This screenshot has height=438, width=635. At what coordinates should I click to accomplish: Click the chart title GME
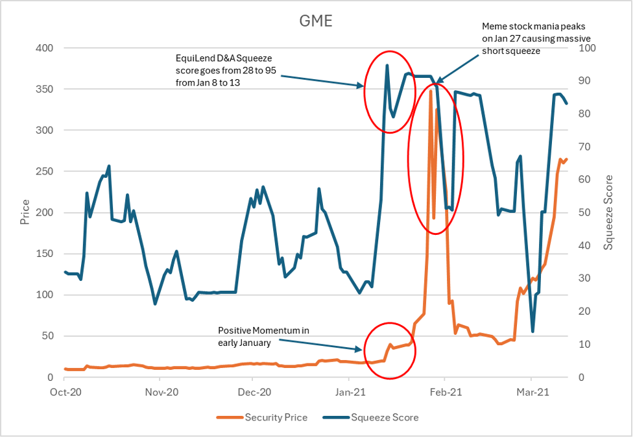pyautogui.click(x=316, y=21)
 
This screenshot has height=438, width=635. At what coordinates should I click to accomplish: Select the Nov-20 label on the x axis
pyautogui.click(x=162, y=392)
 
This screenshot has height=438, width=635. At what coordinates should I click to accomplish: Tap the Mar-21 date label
pyautogui.click(x=531, y=392)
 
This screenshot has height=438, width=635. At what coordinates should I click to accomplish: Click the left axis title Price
pyautogui.click(x=25, y=212)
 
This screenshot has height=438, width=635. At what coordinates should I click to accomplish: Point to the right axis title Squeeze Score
pyautogui.click(x=608, y=212)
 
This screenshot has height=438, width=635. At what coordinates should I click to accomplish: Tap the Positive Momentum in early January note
pyautogui.click(x=263, y=335)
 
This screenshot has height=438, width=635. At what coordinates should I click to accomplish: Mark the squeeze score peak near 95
pyautogui.click(x=387, y=65)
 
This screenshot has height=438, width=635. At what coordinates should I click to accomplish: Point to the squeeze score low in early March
pyautogui.click(x=533, y=332)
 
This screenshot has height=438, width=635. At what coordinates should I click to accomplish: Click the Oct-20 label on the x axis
pyautogui.click(x=65, y=392)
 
